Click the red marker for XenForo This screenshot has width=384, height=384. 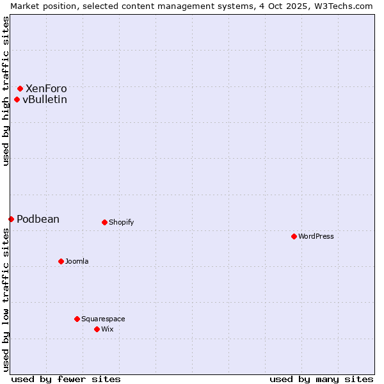click(x=20, y=88)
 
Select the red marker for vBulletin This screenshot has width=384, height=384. click(x=17, y=99)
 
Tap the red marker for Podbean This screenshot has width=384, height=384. click(x=11, y=219)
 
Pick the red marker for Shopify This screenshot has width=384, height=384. click(x=104, y=222)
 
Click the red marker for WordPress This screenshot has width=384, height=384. click(x=294, y=236)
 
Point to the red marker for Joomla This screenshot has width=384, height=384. click(x=61, y=261)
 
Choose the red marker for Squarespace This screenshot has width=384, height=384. click(x=77, y=319)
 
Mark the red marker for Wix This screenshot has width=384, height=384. click(x=97, y=329)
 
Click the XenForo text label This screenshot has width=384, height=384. click(x=46, y=88)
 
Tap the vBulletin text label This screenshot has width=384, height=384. click(x=45, y=99)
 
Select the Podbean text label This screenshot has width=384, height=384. click(x=38, y=219)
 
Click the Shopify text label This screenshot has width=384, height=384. click(x=122, y=222)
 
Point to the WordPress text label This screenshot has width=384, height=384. click(x=316, y=236)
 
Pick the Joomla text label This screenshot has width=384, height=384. click(x=77, y=261)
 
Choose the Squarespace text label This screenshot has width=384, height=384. click(x=103, y=319)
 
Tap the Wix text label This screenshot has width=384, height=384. click(x=108, y=329)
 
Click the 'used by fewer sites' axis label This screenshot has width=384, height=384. click(x=66, y=379)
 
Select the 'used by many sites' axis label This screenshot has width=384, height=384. click(x=321, y=379)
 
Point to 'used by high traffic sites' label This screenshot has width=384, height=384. click(x=6, y=91)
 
